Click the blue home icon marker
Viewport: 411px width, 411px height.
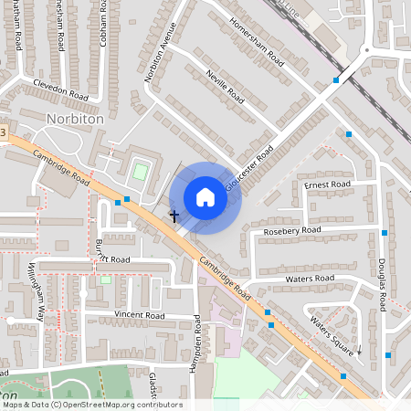pos(205,197)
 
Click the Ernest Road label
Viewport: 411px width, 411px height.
pos(327,185)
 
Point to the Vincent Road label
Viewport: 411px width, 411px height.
pos(139,315)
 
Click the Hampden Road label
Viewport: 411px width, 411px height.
pos(197,337)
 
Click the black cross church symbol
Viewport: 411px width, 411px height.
pos(174,216)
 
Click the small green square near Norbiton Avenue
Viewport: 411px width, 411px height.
pos(139,171)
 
